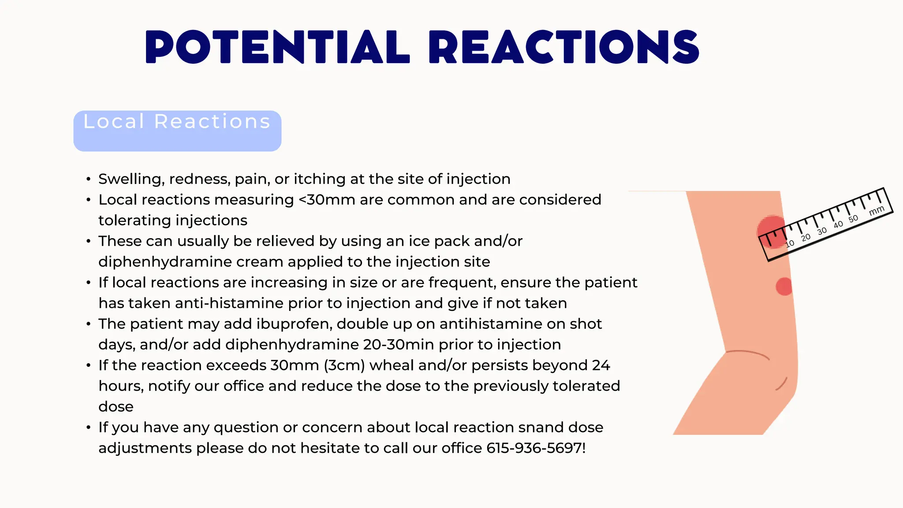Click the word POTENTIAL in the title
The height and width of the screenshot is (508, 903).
pyautogui.click(x=277, y=47)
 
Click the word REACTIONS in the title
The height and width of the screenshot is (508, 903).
pyautogui.click(x=563, y=47)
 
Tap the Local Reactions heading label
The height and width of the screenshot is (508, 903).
pyautogui.click(x=177, y=122)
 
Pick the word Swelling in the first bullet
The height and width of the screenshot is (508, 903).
pyautogui.click(x=131, y=179)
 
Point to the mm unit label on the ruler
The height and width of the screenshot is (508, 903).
pyautogui.click(x=876, y=211)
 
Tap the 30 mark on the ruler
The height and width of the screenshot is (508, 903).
pyautogui.click(x=821, y=231)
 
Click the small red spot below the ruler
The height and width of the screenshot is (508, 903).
pyautogui.click(x=784, y=287)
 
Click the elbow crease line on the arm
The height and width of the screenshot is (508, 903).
pyautogui.click(x=748, y=353)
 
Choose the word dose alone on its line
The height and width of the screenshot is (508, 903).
pyautogui.click(x=116, y=407)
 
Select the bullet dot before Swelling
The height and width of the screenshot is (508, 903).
pyautogui.click(x=89, y=179)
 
